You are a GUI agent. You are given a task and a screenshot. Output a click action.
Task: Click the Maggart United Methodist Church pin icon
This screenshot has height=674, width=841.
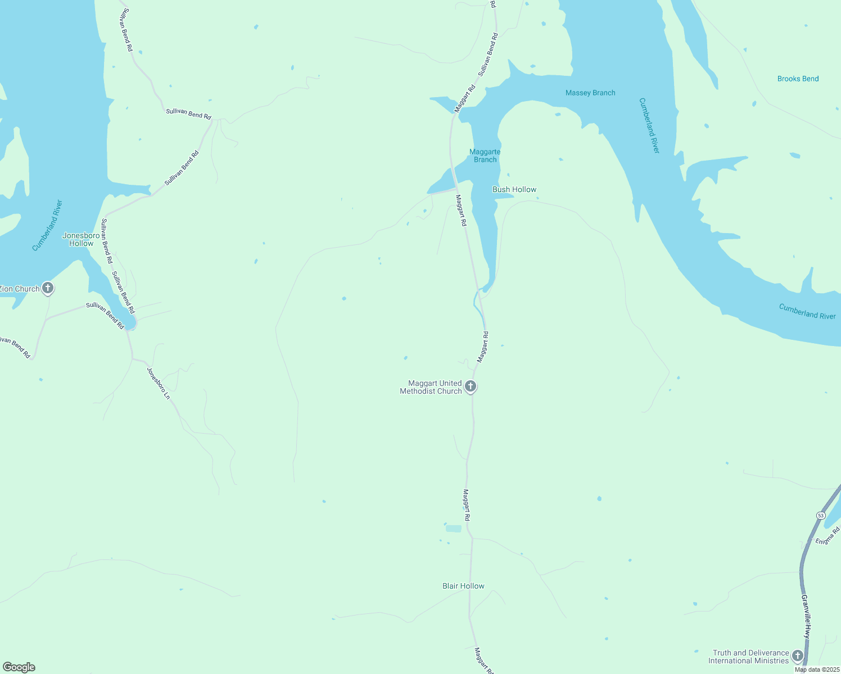[x=471, y=386]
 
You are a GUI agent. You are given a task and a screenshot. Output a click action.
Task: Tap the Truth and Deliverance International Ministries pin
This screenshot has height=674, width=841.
[x=797, y=655]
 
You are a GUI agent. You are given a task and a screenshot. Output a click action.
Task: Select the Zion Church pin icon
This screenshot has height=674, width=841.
[x=48, y=289]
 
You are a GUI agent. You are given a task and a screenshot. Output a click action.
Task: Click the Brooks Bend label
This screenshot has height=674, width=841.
[x=798, y=79]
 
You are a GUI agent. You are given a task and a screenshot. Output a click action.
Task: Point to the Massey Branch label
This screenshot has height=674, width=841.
[x=590, y=93]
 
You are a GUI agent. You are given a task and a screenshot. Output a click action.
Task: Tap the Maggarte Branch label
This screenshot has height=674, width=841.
[x=485, y=156]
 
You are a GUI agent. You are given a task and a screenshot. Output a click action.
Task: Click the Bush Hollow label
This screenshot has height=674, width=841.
[x=514, y=189]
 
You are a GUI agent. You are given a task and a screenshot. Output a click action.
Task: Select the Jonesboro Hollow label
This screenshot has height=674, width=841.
[x=81, y=239]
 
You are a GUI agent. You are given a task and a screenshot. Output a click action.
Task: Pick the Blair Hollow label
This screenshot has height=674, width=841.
[x=463, y=586]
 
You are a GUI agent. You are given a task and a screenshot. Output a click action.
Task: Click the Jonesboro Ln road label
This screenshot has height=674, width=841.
[x=158, y=383]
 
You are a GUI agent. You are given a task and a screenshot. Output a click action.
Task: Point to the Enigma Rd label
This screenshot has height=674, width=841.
[x=828, y=535]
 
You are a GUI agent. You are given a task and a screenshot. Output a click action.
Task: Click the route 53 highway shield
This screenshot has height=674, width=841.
[x=821, y=516]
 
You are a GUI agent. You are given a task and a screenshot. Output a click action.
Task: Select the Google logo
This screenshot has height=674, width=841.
[x=19, y=667]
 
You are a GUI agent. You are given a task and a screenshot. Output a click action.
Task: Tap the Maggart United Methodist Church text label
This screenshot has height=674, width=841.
[x=431, y=387]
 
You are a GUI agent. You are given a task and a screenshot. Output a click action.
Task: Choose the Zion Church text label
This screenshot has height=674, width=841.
[x=20, y=289]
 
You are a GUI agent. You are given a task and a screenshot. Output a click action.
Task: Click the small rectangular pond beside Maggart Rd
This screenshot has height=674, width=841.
[x=453, y=529]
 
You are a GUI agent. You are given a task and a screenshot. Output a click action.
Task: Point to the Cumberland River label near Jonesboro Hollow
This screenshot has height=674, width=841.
[x=47, y=225]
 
